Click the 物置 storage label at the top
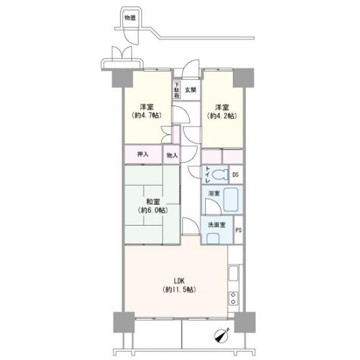point(130,18)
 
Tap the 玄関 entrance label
point(191,90)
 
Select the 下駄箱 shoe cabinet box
point(176,90)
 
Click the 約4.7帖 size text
point(147,115)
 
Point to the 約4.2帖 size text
point(222,115)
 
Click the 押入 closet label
point(142,155)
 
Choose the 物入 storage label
point(172,155)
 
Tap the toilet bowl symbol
point(220,174)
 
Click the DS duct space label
point(235,175)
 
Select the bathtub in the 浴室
point(231,199)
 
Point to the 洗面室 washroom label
point(216,225)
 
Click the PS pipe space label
point(239,230)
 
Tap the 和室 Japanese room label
point(153,202)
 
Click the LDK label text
point(179,281)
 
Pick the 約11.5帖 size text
point(179,290)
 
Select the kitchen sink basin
point(233,273)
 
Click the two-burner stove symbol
point(233,298)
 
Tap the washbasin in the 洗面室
point(213,238)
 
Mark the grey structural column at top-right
point(243,77)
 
